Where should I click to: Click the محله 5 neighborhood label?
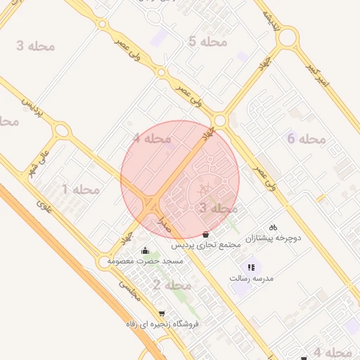click(207, 41)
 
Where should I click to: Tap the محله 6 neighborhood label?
click(307, 139)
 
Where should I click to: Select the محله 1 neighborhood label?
click(81, 189)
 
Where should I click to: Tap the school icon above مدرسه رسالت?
click(251, 267)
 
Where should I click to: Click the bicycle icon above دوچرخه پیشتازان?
click(274, 227)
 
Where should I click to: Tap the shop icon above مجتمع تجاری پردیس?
click(205, 234)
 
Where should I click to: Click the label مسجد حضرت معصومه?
click(145, 261)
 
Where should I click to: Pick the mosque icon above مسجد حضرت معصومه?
click(145, 250)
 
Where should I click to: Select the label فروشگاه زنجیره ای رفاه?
click(162, 324)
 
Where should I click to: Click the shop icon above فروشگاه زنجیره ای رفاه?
click(162, 314)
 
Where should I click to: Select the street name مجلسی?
click(129, 291)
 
